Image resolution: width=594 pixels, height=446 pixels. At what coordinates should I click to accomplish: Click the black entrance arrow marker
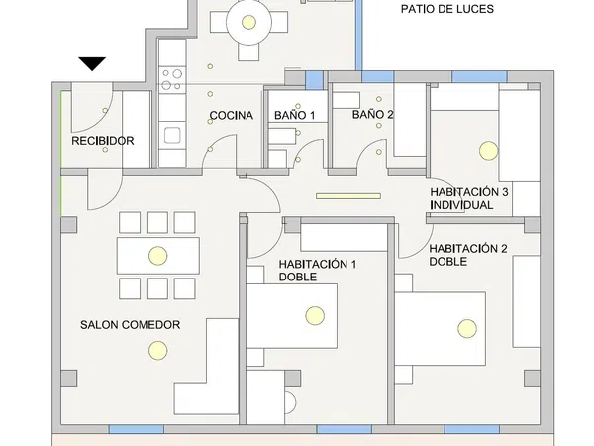tap(92, 63)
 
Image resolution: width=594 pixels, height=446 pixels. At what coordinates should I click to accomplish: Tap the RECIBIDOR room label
tap(103, 141)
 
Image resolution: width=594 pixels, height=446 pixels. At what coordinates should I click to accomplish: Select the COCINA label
tap(231, 115)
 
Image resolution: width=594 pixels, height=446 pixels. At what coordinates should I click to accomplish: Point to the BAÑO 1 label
tap(294, 115)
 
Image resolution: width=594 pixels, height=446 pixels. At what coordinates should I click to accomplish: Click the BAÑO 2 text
tap(373, 115)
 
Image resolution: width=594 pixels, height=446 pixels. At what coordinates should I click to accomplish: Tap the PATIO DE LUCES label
tap(447, 9)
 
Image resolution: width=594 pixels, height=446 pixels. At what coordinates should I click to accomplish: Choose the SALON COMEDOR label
tap(130, 325)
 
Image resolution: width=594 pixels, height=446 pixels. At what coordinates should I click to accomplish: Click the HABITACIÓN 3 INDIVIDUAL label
tap(469, 198)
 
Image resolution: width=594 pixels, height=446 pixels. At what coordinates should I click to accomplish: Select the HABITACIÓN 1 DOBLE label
tap(318, 270)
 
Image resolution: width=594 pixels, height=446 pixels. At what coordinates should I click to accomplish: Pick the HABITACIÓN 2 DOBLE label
tap(468, 255)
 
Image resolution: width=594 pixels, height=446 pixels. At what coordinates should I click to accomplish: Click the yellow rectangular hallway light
tap(348, 196)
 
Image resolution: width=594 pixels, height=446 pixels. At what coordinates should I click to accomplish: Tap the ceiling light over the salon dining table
tap(158, 256)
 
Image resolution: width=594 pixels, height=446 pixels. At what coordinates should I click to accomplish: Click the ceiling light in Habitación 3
tap(489, 151)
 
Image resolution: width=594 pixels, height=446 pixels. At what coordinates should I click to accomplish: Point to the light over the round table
tap(248, 22)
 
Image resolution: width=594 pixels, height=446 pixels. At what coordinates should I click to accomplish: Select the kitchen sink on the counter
tap(172, 136)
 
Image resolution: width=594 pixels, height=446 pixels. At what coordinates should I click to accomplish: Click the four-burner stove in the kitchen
tap(172, 80)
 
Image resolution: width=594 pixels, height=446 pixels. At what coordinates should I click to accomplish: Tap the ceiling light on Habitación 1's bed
tap(315, 315)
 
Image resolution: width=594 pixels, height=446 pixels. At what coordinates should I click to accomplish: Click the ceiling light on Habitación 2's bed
tap(467, 328)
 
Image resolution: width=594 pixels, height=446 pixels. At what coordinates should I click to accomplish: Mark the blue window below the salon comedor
tap(137, 429)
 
